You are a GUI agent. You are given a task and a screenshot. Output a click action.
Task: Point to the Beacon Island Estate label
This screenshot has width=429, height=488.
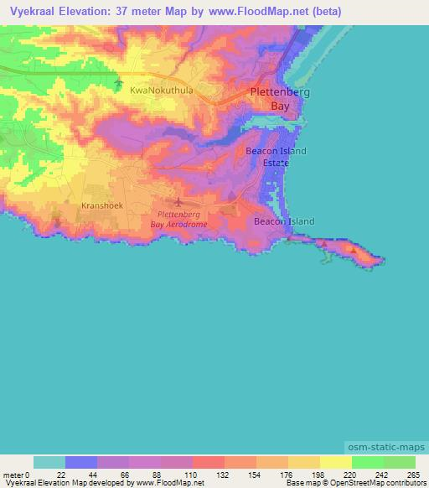[276, 156]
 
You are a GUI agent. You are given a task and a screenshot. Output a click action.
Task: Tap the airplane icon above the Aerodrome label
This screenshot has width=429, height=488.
[178, 201]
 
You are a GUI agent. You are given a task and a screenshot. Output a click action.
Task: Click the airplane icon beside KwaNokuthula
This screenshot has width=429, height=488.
[119, 86]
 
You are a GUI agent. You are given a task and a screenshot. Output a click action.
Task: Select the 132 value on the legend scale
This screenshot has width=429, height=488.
[224, 474]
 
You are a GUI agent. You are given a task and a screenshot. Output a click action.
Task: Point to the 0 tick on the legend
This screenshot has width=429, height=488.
[26, 474]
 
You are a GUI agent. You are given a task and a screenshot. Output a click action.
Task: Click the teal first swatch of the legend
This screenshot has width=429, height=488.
[49, 462]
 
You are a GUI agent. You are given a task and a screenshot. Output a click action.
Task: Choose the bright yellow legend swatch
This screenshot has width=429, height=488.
[335, 462]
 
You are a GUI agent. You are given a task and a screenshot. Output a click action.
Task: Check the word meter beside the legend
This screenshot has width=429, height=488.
[12, 474]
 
